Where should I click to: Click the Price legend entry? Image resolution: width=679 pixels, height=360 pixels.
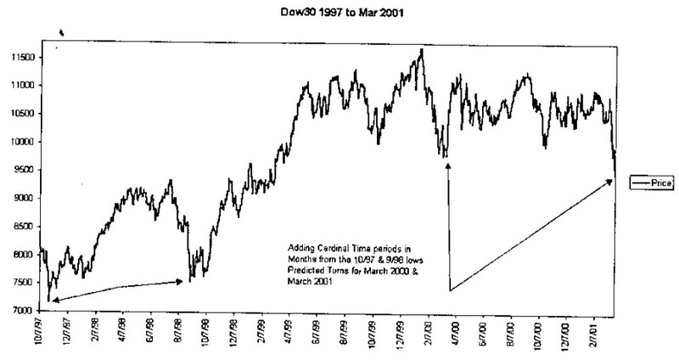click(649, 183)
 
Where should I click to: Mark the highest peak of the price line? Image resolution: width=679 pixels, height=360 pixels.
click(422, 50)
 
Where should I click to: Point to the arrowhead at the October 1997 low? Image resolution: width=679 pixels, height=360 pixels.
click(53, 299)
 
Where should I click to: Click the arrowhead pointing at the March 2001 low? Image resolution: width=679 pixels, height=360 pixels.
click(610, 182)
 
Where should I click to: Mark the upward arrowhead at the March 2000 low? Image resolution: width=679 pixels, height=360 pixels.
click(447, 166)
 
